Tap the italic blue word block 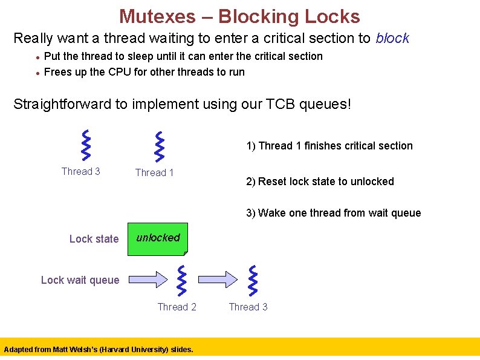[392, 38]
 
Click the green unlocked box [158, 238]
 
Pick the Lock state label [94, 239]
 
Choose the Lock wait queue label [80, 280]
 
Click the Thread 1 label [154, 173]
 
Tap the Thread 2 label [177, 307]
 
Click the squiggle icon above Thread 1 [160, 145]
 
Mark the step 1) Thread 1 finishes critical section [329, 146]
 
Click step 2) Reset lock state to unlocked [320, 182]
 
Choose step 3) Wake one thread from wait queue [333, 213]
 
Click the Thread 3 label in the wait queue [248, 307]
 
